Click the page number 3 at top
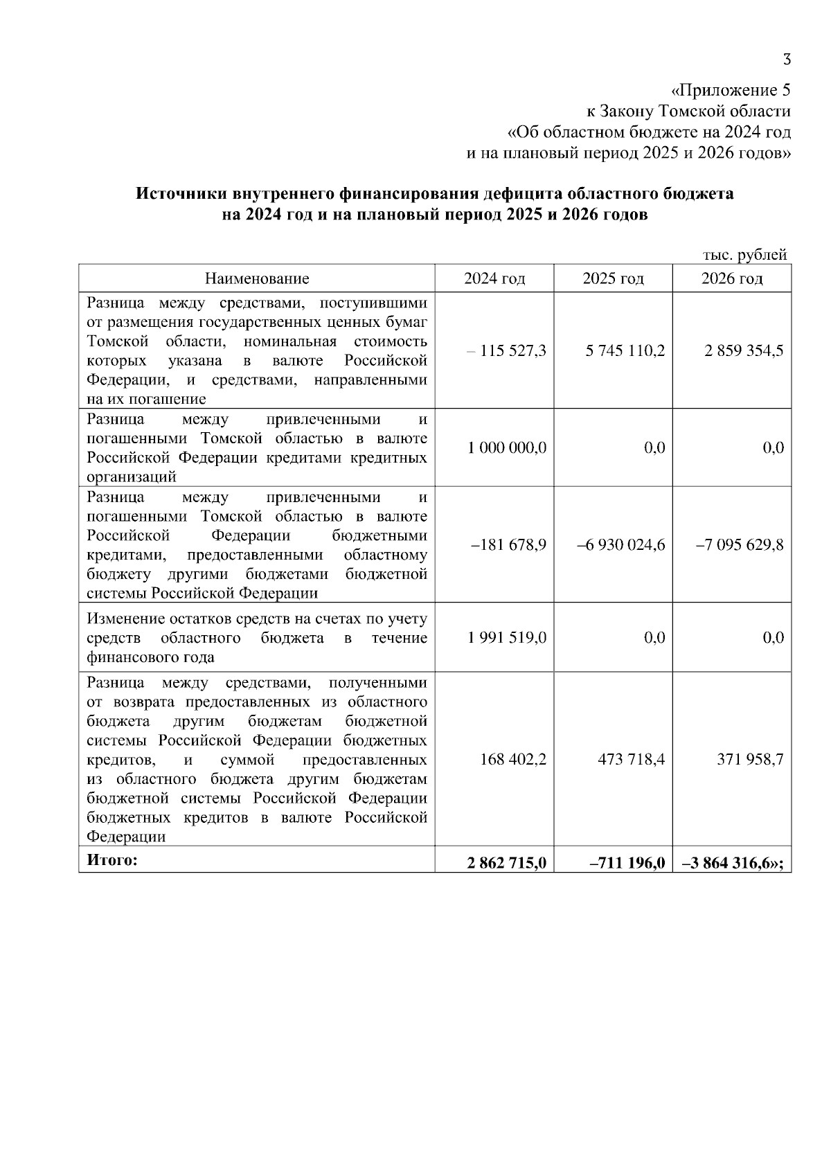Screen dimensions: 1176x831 (x=786, y=60)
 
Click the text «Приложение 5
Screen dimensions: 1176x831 (x=731, y=91)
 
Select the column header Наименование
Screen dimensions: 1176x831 (x=257, y=278)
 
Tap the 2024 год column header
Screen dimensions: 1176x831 (x=494, y=278)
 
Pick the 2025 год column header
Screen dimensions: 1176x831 (x=613, y=278)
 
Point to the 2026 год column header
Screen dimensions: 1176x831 (x=732, y=278)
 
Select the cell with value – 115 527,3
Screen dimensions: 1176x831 (x=506, y=351)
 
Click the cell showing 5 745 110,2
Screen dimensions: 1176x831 (x=625, y=351)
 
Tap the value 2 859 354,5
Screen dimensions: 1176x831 (x=744, y=351)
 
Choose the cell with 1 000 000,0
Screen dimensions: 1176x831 (x=507, y=448)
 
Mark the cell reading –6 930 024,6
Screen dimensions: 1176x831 (x=621, y=545)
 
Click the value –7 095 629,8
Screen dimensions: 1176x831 (x=740, y=545)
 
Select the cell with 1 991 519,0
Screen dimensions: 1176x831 (x=507, y=638)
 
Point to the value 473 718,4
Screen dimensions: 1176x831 (x=631, y=760)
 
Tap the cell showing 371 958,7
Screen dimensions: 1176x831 (x=750, y=760)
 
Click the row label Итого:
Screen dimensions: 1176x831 (x=112, y=860)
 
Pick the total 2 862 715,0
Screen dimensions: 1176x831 (x=507, y=862)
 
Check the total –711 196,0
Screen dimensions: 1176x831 (x=621, y=862)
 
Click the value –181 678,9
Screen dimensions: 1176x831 (x=508, y=545)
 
